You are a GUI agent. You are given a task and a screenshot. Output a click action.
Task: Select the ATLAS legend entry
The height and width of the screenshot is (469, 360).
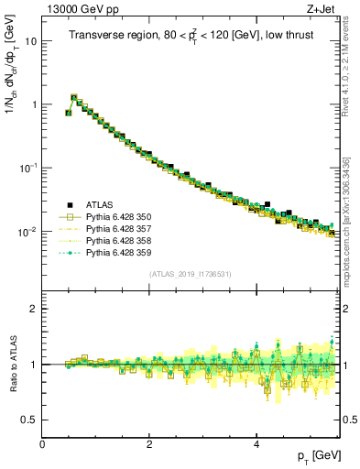[102, 204]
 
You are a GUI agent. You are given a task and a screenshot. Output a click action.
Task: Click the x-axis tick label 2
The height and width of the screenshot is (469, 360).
[149, 443]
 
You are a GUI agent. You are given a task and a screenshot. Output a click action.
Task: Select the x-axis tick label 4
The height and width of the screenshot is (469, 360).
[256, 443]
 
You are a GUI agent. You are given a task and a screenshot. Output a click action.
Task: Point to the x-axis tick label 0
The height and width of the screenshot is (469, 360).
[43, 443]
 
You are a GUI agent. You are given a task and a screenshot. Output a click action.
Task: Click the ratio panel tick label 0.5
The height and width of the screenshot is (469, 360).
[29, 420]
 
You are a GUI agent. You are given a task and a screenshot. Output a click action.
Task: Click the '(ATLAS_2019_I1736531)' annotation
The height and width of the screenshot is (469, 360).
[190, 274]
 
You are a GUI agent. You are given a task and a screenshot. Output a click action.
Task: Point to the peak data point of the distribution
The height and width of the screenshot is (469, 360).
[74, 96]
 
